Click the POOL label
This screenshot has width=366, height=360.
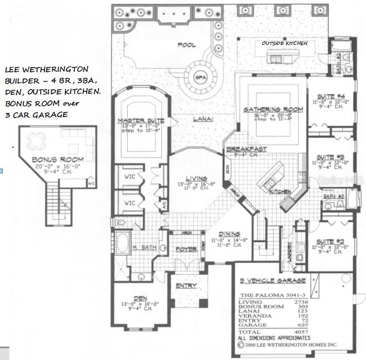coord(187,45)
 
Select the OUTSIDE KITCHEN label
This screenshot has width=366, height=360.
coord(285,43)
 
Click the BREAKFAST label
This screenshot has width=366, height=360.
coord(246,149)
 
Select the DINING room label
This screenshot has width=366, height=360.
coord(229,233)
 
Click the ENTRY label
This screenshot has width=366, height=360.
coord(186,286)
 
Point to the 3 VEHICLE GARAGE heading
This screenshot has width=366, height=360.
coord(273,281)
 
